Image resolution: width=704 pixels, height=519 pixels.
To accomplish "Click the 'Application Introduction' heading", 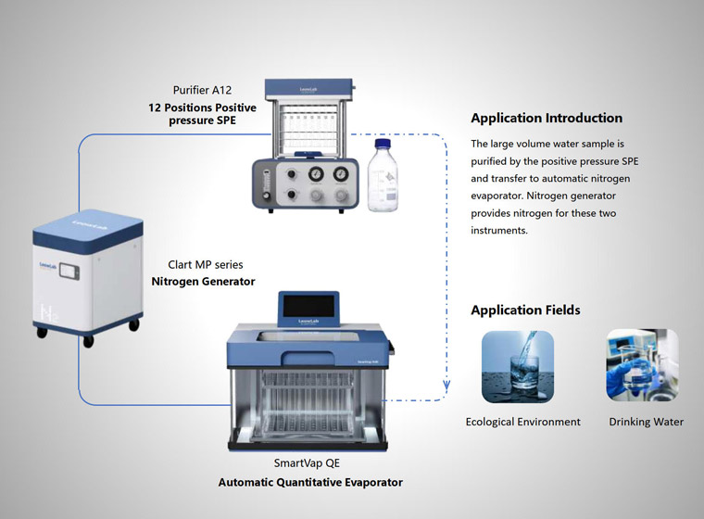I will (547, 118).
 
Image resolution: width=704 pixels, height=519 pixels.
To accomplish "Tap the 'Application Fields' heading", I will (525, 310).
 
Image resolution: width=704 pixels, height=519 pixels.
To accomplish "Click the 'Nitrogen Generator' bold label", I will (203, 281).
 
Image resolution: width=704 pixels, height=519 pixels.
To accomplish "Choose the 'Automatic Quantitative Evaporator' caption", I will (310, 482).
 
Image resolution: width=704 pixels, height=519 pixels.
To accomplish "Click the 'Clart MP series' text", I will (206, 264).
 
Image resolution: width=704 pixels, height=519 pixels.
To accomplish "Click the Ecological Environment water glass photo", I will (518, 366).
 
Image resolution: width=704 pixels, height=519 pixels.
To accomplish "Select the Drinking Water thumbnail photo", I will (642, 366).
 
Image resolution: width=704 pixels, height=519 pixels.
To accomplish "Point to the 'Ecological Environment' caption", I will (522, 422).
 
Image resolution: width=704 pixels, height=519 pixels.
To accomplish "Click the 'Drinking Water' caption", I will (646, 422).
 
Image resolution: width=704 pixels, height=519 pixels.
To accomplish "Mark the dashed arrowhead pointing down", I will (448, 388).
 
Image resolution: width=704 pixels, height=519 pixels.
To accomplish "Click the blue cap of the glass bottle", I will (382, 144).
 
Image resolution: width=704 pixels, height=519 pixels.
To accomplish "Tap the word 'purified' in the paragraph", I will (497, 162).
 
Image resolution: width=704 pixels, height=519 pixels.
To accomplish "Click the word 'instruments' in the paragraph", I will (499, 231).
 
